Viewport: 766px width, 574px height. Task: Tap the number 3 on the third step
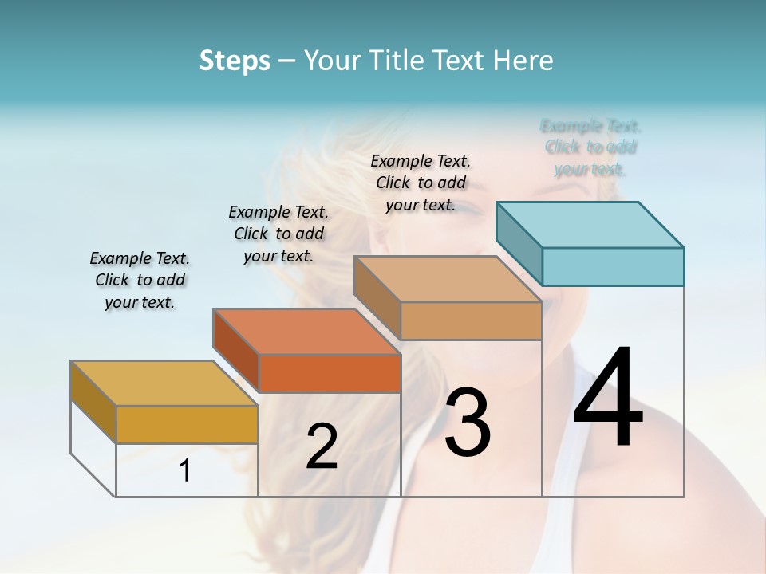(x=468, y=423)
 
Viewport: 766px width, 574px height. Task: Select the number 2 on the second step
(x=322, y=446)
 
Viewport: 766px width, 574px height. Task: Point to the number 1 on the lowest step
(x=185, y=471)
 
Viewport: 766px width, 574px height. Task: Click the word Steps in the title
(x=235, y=61)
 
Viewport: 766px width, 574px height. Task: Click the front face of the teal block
(x=613, y=266)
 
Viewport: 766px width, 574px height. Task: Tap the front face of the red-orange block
(x=330, y=373)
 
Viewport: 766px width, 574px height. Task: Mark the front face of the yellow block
(x=187, y=424)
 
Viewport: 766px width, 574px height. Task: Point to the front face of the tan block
(x=471, y=320)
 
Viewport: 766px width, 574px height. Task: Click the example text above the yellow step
(x=140, y=280)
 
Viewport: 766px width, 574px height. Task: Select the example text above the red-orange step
(x=278, y=234)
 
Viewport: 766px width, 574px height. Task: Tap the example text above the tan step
(x=421, y=183)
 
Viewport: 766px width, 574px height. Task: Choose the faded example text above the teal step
(x=590, y=147)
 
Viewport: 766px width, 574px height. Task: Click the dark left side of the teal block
(x=519, y=243)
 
